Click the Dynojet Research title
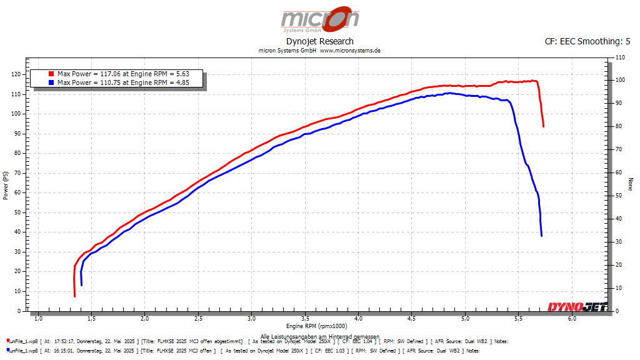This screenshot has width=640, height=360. click(319, 41)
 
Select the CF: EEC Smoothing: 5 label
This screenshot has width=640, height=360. click(587, 41)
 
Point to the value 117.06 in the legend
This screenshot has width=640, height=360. click(110, 74)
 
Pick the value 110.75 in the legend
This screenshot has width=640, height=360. click(110, 82)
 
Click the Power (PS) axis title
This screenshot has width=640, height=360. click(5, 185)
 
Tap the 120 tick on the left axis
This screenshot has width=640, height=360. click(16, 74)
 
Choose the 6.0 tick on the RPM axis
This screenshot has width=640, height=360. click(571, 319)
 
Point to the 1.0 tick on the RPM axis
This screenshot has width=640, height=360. click(38, 319)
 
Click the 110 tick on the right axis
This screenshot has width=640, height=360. click(620, 57)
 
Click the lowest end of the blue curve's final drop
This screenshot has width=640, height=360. click(541, 235)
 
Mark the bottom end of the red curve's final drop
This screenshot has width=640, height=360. click(543, 126)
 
